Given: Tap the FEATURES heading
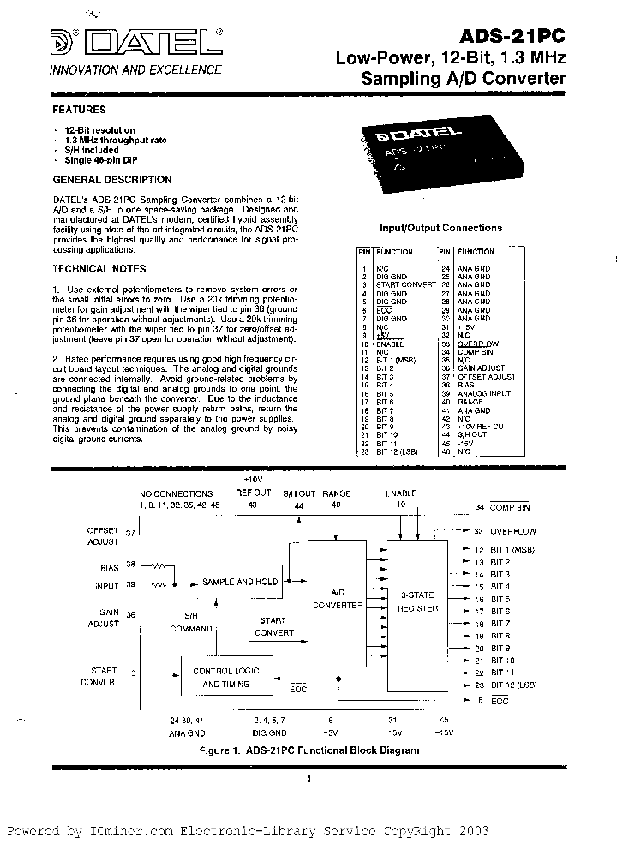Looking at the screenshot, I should tap(80, 111).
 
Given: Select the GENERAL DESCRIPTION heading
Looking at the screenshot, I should tap(112, 181).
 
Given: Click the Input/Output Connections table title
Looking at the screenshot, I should tap(440, 229).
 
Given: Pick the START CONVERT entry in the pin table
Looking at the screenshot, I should tap(405, 284).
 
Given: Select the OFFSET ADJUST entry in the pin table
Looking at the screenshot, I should tap(486, 377).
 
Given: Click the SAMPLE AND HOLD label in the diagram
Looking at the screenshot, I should tap(240, 582).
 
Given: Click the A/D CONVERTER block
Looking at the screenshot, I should tap(337, 598).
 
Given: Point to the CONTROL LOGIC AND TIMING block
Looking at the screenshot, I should tap(225, 677).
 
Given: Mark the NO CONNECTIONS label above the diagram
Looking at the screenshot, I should tap(177, 494).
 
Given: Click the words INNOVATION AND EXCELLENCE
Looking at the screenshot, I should tap(135, 69).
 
